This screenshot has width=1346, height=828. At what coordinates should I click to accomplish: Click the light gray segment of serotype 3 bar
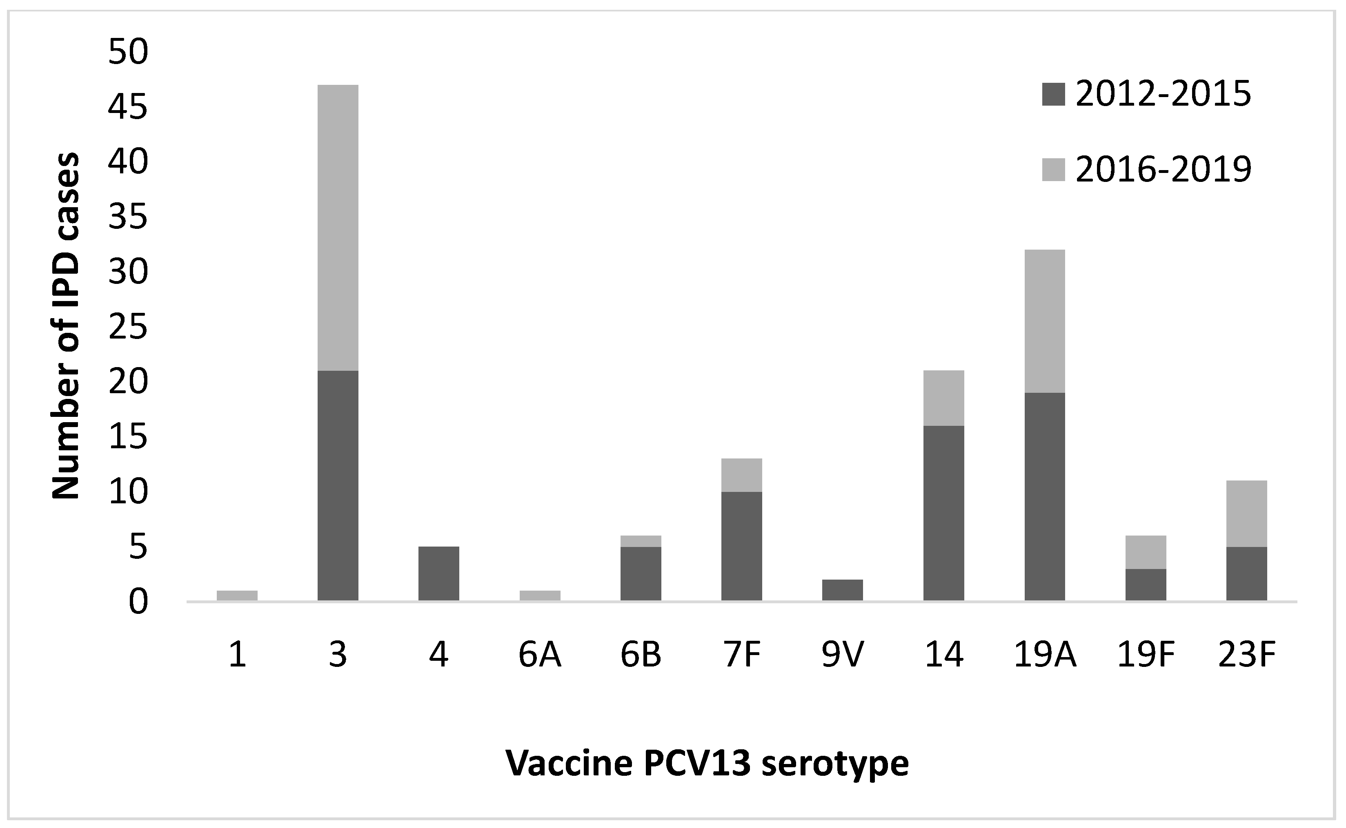[x=338, y=227]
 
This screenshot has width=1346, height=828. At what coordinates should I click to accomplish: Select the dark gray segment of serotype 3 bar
[x=338, y=486]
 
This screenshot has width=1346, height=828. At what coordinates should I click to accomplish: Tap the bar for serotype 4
[x=438, y=573]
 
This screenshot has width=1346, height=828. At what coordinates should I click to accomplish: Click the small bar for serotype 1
[x=237, y=596]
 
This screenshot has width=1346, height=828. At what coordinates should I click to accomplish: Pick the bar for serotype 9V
[x=842, y=590]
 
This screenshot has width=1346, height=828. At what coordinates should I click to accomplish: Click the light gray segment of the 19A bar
[x=1045, y=321]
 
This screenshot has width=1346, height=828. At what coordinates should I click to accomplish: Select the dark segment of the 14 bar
[x=944, y=513]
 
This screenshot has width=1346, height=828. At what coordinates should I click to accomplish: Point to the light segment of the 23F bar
[x=1247, y=513]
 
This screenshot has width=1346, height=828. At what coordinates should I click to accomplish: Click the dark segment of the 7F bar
[x=741, y=546]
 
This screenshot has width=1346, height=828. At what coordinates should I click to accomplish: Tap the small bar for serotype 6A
[x=540, y=596]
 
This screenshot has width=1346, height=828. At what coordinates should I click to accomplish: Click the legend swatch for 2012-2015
[x=1053, y=94]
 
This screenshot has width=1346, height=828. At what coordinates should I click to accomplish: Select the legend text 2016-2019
[x=1163, y=170]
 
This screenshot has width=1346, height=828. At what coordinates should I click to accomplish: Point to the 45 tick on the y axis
[x=128, y=107]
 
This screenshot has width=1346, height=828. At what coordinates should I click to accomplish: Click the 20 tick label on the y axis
[x=128, y=382]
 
